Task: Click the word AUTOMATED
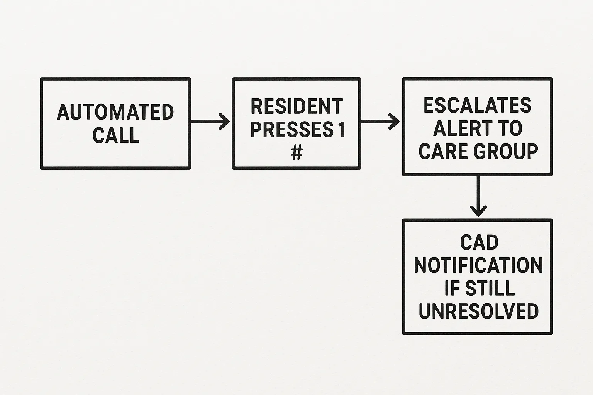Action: [115, 112]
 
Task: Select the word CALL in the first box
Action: [115, 135]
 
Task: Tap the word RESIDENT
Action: [296, 106]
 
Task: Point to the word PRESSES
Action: [291, 130]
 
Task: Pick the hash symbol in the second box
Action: [296, 153]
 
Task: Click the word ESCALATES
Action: [478, 105]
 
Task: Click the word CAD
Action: [479, 243]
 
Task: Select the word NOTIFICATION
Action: [478, 265]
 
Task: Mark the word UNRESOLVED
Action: [478, 311]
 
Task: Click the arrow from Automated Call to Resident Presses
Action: [210, 122]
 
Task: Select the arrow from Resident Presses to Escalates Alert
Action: [380, 122]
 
